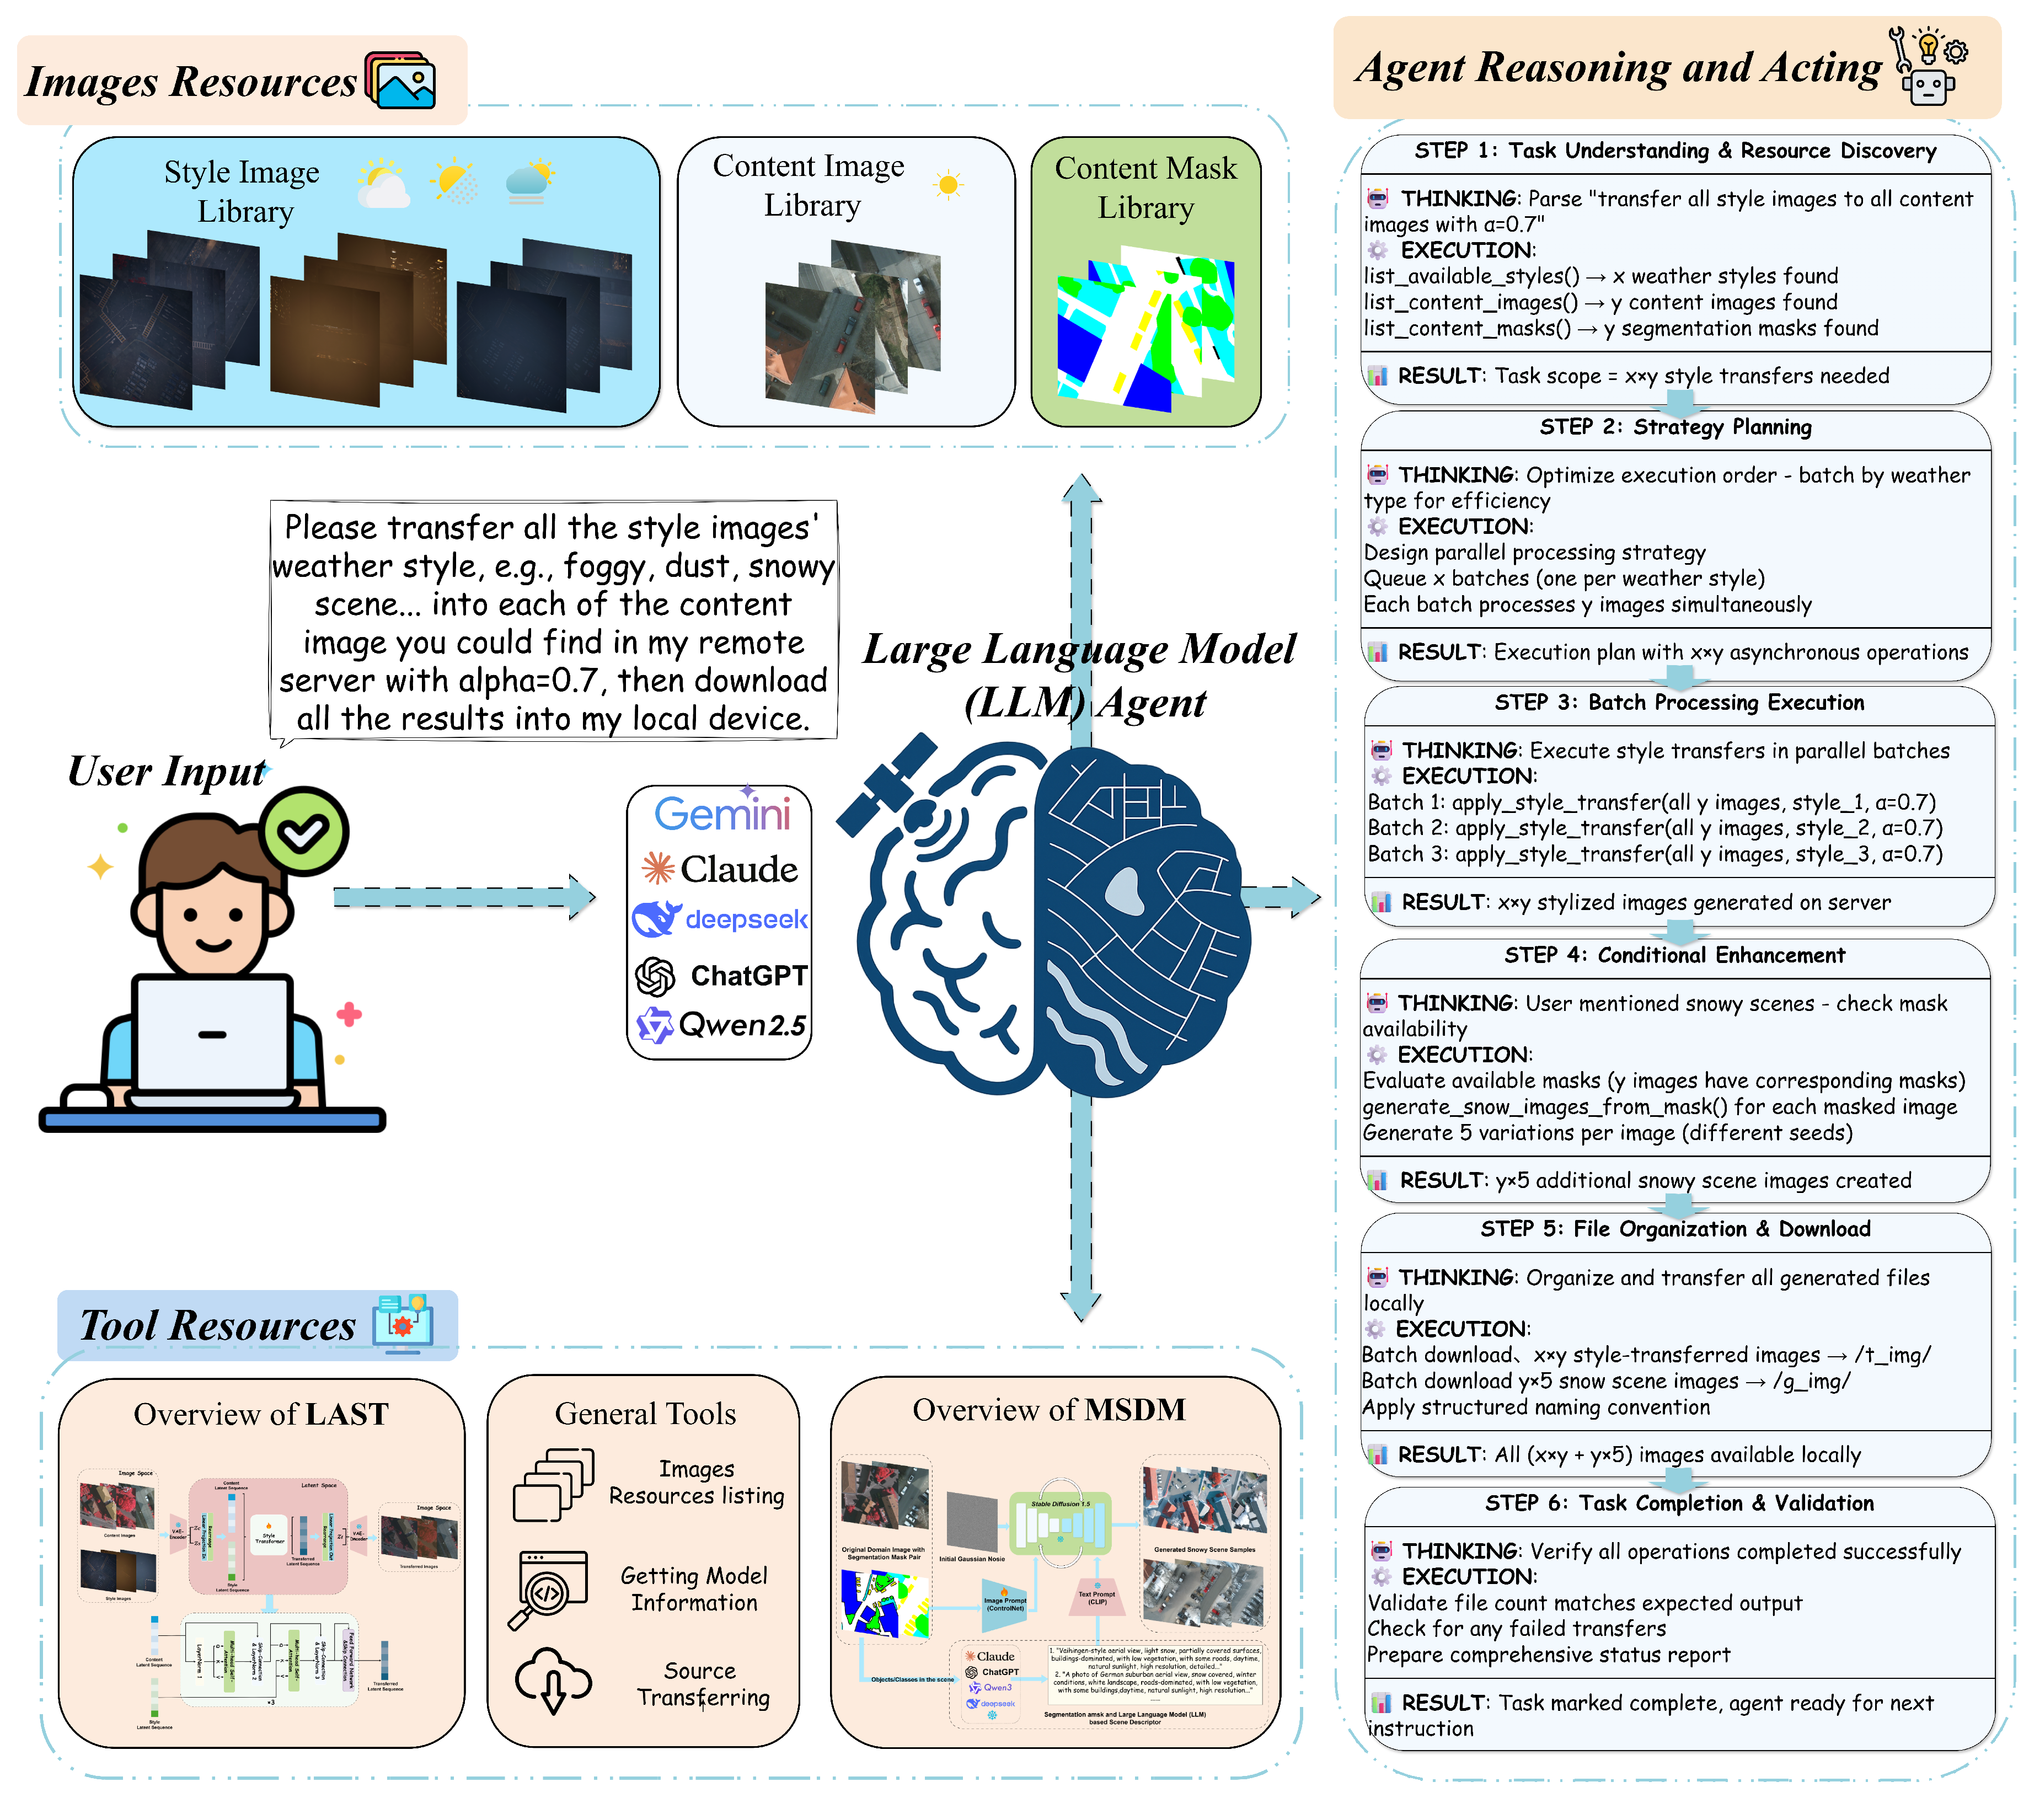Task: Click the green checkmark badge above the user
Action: pyautogui.click(x=304, y=832)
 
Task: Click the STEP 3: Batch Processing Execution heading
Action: pyautogui.click(x=1679, y=702)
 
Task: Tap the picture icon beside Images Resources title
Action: pyautogui.click(x=401, y=79)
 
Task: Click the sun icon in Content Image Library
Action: pyautogui.click(x=948, y=185)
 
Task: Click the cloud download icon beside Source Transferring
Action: pyautogui.click(x=553, y=1680)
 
